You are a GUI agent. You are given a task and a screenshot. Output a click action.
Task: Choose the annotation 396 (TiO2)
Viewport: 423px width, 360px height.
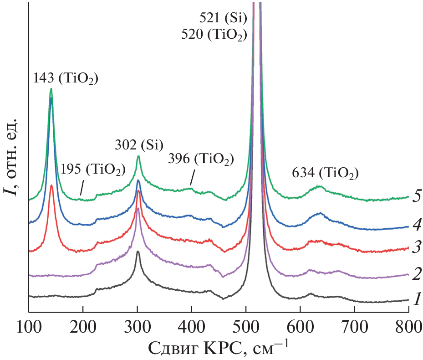(201, 160)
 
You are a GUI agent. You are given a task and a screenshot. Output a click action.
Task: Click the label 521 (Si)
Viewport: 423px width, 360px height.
(223, 19)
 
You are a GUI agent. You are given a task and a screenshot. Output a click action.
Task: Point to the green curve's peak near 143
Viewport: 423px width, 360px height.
(51, 89)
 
